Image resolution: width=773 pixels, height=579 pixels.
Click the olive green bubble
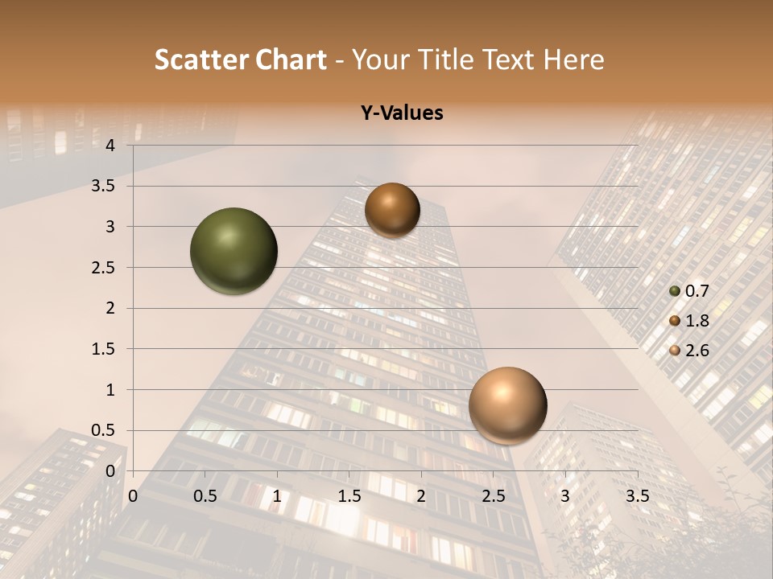point(234,251)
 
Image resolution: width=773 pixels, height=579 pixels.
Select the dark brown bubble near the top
point(392,210)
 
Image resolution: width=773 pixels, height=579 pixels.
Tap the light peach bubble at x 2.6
point(507,405)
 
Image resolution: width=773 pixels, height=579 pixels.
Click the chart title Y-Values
point(402,113)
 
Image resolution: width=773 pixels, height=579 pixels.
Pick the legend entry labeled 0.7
point(688,292)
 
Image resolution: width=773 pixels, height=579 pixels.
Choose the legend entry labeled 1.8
point(688,321)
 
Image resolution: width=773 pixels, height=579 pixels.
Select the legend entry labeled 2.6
point(688,350)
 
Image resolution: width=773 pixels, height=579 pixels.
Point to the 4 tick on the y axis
point(110,146)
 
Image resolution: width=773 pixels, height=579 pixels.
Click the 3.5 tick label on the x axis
point(638,496)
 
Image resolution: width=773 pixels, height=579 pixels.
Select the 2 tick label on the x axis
point(420,496)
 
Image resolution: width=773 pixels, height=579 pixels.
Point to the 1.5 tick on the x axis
point(349,496)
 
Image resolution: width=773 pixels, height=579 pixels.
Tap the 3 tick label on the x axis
point(565,496)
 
